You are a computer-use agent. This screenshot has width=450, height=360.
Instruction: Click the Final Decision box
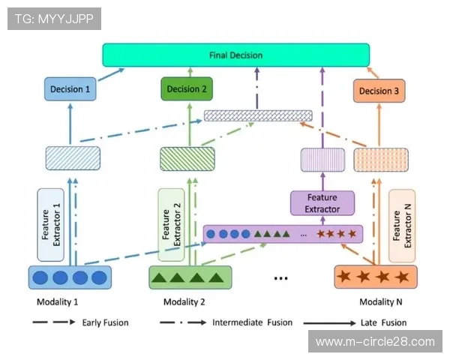236,55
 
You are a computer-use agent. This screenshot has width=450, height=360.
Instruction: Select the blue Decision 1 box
70,90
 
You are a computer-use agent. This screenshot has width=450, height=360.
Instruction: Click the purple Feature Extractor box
322,202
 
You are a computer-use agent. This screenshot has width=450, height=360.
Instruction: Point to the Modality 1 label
57,301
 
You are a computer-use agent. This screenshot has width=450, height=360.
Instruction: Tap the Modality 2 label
184,301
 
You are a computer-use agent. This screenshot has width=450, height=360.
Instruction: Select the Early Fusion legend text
105,323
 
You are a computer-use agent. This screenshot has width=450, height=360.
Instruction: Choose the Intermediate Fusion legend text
247,323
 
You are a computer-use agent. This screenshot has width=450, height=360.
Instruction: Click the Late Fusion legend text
383,323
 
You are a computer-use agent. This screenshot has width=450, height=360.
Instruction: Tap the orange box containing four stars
375,277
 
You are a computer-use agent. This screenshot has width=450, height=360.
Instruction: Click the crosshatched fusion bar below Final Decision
258,115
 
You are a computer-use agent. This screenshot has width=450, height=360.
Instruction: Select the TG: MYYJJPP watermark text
54,19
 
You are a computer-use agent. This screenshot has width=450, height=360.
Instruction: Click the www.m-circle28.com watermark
375,342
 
